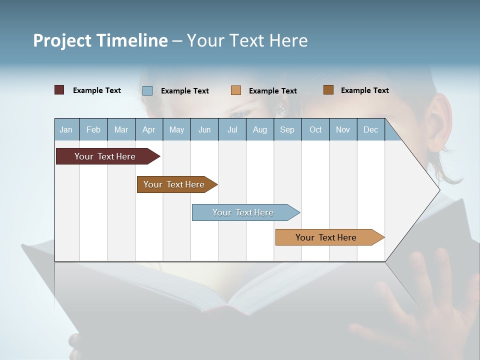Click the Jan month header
coord(66,130)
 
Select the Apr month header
coord(148,130)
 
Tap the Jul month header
coord(232,130)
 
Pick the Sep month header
coord(287,130)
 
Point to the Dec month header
coord(370,130)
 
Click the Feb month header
coord(93,130)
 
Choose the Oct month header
coord(315,130)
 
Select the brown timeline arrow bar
coord(175,184)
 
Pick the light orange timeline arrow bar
coord(327,237)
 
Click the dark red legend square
coord(59,90)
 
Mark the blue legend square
coord(147,90)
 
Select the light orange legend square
coord(236,90)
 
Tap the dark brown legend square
coord(328,90)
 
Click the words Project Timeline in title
coord(100,40)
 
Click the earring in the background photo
coord(281,109)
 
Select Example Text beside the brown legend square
coord(364,90)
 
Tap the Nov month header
coord(343,130)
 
